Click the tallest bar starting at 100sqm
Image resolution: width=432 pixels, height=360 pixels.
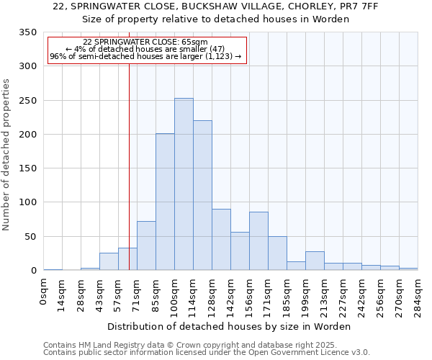[x=184, y=184]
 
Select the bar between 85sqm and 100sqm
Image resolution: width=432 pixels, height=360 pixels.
[x=165, y=202]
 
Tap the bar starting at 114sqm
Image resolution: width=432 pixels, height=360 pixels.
[x=202, y=195]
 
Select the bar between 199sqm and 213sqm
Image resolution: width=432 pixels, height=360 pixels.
[x=315, y=261]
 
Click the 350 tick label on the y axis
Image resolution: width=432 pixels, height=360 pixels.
[x=27, y=32]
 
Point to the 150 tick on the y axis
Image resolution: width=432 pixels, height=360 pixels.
[x=27, y=168]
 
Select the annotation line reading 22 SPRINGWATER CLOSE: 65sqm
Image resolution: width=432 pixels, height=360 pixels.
[x=145, y=42]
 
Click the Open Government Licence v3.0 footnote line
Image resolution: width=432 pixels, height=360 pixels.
[x=206, y=353]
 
